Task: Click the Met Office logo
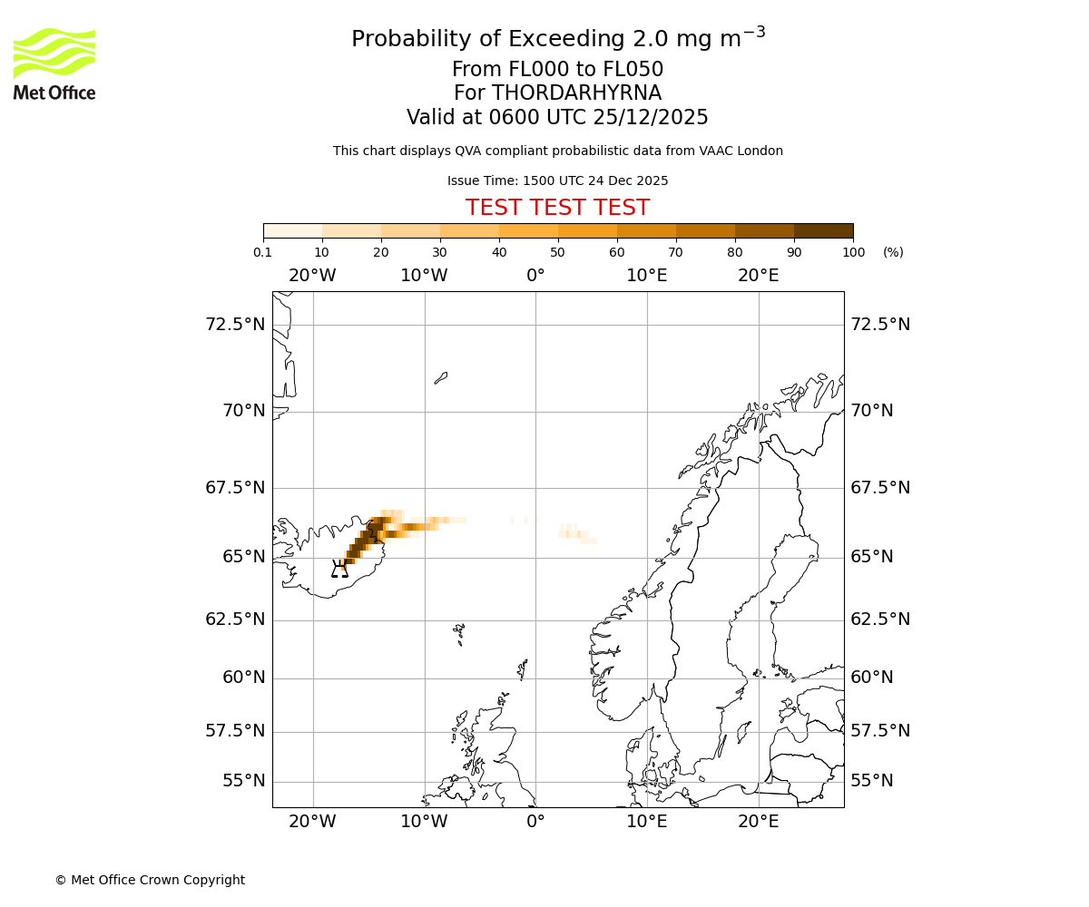[54, 63]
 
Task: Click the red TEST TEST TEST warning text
[557, 208]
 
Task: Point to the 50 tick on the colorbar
[557, 252]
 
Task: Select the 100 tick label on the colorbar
[853, 252]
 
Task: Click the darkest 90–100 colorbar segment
[823, 230]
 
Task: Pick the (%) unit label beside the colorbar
[893, 252]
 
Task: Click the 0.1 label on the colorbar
[263, 252]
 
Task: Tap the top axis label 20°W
[312, 276]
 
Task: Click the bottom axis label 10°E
[647, 822]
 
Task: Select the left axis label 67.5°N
[235, 488]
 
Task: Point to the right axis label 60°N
[871, 678]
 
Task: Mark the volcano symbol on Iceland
[339, 570]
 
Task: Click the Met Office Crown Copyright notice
[150, 880]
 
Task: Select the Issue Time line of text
[557, 180]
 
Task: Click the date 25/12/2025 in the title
[651, 117]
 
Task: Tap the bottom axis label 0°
[535, 822]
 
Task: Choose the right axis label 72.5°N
[880, 325]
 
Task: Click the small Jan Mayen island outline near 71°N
[441, 377]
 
